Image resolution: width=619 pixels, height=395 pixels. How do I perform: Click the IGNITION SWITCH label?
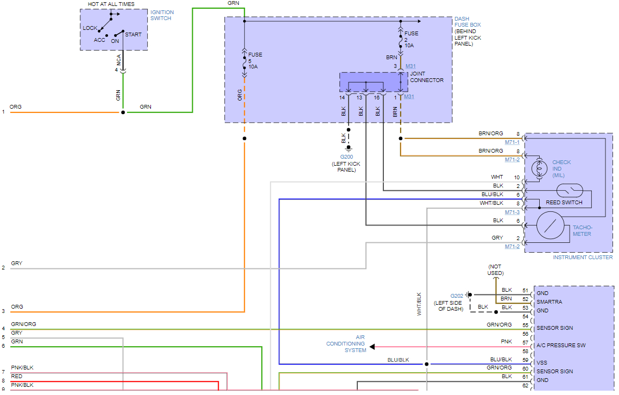pyautogui.click(x=162, y=15)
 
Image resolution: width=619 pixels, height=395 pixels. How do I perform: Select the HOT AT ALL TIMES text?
pyautogui.click(x=111, y=4)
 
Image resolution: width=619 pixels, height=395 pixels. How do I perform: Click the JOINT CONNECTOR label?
pyautogui.click(x=426, y=77)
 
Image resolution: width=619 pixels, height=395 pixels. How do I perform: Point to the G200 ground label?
pyautogui.click(x=346, y=157)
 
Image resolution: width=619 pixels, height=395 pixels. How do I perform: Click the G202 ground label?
pyautogui.click(x=457, y=296)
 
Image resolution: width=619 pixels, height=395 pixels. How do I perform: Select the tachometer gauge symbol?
pyautogui.click(x=551, y=225)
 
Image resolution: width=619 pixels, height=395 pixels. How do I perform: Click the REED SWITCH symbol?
pyautogui.click(x=570, y=191)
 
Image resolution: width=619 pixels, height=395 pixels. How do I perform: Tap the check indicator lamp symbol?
pyautogui.click(x=539, y=169)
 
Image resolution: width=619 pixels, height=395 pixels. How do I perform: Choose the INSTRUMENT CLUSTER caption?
pyautogui.click(x=583, y=257)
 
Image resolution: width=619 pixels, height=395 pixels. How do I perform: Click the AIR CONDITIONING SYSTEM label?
pyautogui.click(x=346, y=344)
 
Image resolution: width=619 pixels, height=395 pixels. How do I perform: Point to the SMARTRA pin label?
pyautogui.click(x=549, y=302)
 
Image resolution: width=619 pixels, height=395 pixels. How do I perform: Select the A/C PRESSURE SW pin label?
pyautogui.click(x=560, y=346)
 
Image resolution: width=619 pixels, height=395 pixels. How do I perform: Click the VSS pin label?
pyautogui.click(x=542, y=363)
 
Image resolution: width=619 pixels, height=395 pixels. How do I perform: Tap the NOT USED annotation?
pyautogui.click(x=495, y=269)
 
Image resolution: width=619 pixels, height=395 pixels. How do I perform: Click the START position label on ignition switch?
pyautogui.click(x=133, y=35)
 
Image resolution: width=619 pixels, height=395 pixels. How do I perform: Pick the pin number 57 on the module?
pyautogui.click(x=525, y=343)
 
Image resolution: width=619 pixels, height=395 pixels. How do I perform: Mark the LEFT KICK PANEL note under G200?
pyautogui.click(x=346, y=167)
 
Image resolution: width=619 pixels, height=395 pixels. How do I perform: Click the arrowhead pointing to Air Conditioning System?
pyautogui.click(x=372, y=347)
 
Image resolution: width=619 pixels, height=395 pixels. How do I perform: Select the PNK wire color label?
pyautogui.click(x=506, y=342)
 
